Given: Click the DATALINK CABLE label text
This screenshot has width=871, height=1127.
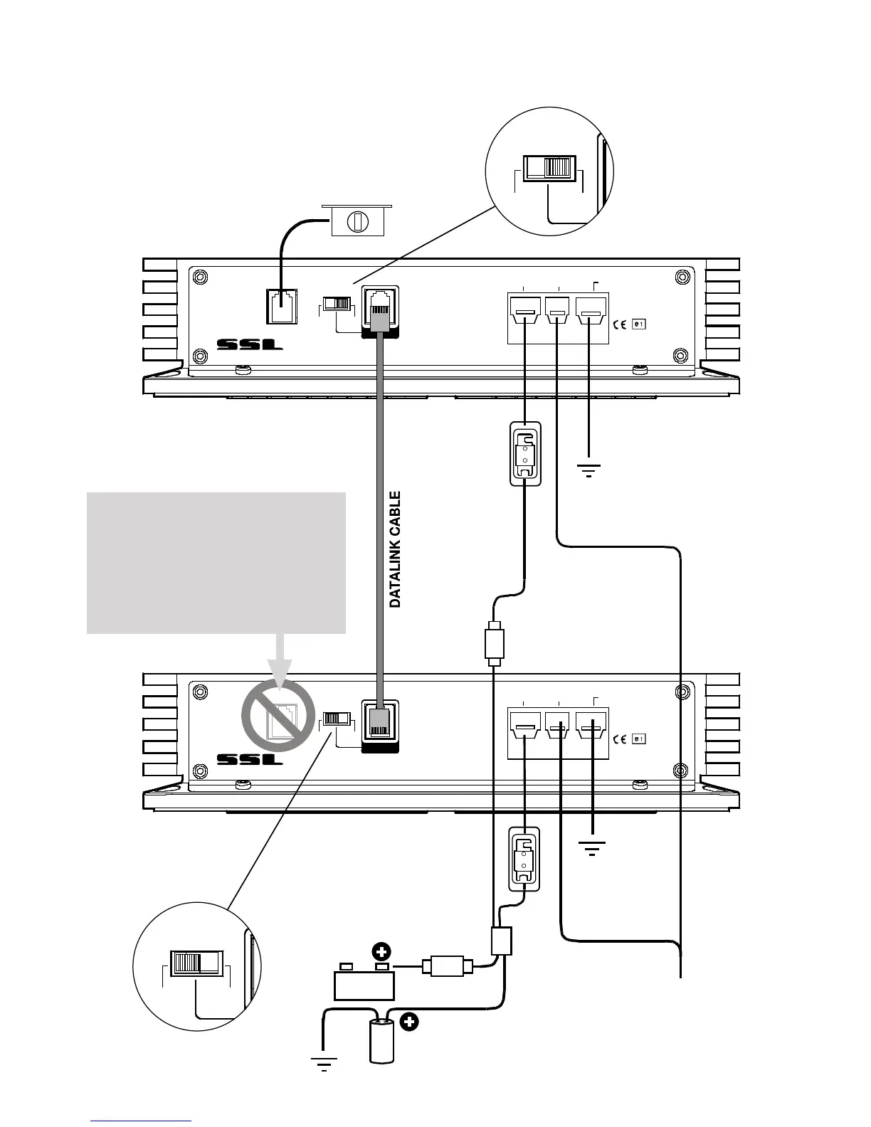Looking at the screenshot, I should [x=396, y=549].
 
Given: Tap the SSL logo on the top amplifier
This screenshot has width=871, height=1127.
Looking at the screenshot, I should [x=250, y=345].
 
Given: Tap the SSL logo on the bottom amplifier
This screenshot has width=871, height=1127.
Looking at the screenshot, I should [x=250, y=759].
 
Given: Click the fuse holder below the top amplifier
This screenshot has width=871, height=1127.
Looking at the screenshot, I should [x=525, y=455].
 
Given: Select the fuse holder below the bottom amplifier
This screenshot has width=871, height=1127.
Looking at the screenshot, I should [x=524, y=858].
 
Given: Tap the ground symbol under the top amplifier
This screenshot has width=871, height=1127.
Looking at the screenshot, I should [x=588, y=470].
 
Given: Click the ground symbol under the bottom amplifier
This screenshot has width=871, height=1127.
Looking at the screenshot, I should [x=591, y=848].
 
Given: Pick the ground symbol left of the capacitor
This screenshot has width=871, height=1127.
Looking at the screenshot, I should [x=324, y=1064].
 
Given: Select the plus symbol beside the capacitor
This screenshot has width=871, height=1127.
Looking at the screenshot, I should [x=409, y=1023].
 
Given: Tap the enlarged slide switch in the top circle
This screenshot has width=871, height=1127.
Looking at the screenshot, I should [x=548, y=167].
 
